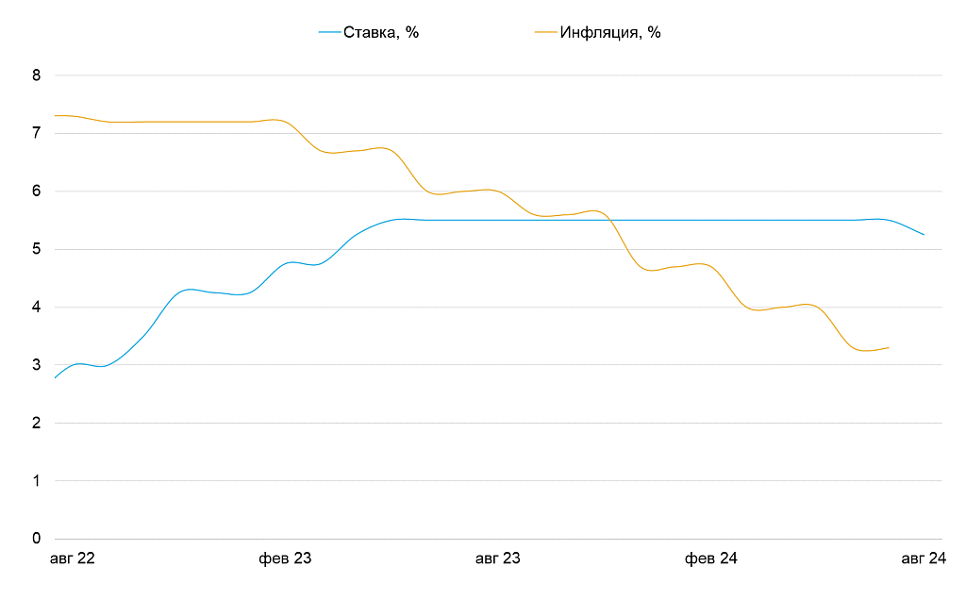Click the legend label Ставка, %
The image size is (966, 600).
(x=380, y=32)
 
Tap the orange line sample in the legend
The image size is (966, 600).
(x=545, y=32)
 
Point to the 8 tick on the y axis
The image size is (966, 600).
(x=37, y=75)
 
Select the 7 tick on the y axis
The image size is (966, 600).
(x=37, y=133)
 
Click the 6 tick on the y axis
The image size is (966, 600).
(x=37, y=192)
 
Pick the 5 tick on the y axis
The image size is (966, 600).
(x=37, y=249)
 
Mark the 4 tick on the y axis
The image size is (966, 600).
(x=37, y=308)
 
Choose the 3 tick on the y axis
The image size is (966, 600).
(x=37, y=365)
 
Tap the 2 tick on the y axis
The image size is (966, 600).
(x=37, y=424)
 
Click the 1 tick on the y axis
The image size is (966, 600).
(x=37, y=481)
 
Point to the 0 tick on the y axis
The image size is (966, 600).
(x=37, y=539)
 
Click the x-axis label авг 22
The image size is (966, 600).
(x=72, y=559)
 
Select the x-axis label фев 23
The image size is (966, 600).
(x=285, y=559)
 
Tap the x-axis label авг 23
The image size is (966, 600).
(x=497, y=559)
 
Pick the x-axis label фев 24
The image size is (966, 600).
(x=711, y=559)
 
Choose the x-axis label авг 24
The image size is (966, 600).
(x=924, y=559)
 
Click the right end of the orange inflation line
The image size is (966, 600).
(x=889, y=348)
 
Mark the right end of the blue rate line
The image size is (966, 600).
(x=924, y=235)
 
